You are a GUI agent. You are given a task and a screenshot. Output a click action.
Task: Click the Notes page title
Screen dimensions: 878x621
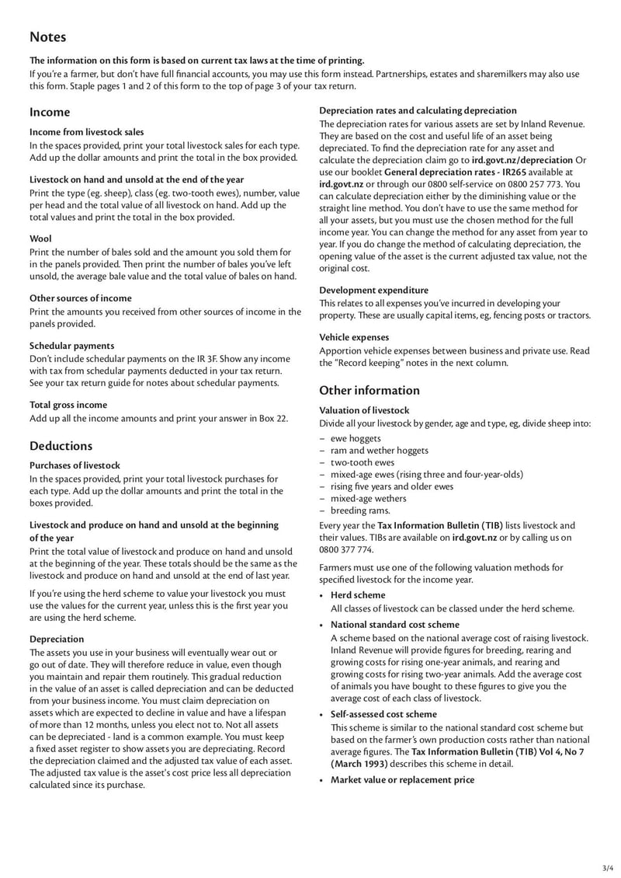pos(48,37)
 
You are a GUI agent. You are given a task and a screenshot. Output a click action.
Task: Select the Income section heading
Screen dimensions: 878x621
pos(50,112)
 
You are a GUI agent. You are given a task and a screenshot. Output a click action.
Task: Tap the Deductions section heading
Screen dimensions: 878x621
pos(61,446)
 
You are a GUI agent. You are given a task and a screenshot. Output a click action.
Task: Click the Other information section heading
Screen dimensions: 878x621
pos(369,390)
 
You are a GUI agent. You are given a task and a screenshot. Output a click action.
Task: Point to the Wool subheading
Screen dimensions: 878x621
pos(40,239)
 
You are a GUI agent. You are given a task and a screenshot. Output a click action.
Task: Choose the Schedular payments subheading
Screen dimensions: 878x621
pos(71,346)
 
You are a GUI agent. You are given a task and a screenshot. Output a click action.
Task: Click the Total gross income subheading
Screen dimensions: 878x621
pos(68,405)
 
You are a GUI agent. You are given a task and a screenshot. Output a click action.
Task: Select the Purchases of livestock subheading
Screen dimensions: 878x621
pos(75,465)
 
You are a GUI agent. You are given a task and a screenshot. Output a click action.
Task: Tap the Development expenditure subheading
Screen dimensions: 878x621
pos(373,290)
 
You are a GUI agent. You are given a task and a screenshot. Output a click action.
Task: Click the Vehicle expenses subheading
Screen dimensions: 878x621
pos(354,337)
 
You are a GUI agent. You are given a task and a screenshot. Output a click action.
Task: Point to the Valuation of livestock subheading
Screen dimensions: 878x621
pos(364,409)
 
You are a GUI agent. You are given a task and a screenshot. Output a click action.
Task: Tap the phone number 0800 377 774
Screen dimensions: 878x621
pos(345,549)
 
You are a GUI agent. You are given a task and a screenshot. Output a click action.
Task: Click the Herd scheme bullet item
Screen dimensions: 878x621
pos(358,595)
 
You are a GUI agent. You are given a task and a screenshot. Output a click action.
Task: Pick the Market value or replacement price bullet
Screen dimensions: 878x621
pos(402,779)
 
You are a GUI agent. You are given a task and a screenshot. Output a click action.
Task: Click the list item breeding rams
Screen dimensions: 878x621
pos(360,510)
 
